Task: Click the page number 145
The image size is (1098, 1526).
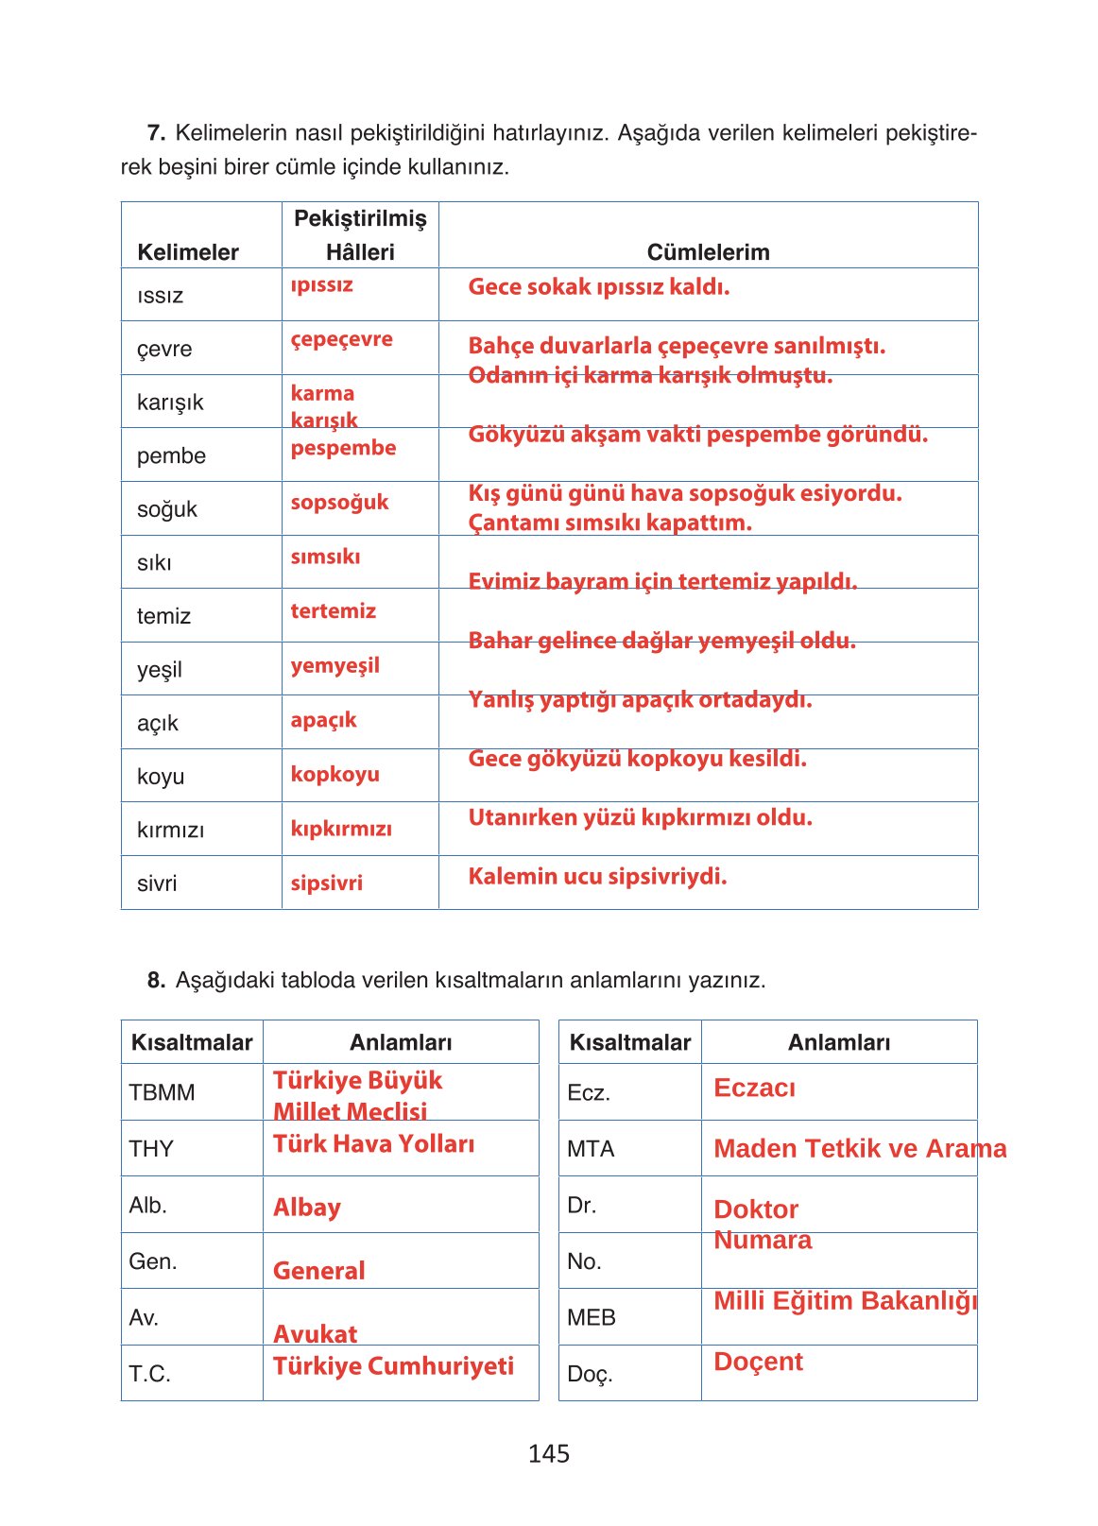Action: [x=548, y=1453]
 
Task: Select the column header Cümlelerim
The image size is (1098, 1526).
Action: [x=708, y=252]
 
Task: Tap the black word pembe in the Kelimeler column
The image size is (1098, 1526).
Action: [x=171, y=455]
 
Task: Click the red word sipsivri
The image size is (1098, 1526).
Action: [x=326, y=883]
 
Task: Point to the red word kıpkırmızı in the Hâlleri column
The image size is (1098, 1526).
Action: [x=340, y=829]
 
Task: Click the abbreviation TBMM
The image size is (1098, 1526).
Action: [x=162, y=1092]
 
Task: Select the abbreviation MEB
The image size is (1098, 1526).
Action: [x=592, y=1317]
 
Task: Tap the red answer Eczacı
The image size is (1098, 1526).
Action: [x=754, y=1088]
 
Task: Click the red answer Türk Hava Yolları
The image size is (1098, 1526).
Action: [x=373, y=1144]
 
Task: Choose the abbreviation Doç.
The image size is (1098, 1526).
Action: [x=590, y=1374]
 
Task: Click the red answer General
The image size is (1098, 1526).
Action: [x=318, y=1271]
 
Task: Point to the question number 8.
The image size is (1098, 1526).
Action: [x=156, y=980]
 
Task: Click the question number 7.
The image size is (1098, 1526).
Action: [x=156, y=132]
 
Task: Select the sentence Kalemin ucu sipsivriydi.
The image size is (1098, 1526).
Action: [x=597, y=877]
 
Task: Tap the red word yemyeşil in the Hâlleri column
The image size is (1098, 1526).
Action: [x=335, y=665]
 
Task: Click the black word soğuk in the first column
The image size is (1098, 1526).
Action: [x=167, y=509]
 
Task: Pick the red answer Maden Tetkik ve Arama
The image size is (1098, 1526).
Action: [x=859, y=1149]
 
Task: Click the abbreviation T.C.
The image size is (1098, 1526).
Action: [x=149, y=1374]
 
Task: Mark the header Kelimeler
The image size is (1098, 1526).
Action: [x=187, y=252]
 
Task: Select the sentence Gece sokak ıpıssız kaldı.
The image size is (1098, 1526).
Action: [x=598, y=287]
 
